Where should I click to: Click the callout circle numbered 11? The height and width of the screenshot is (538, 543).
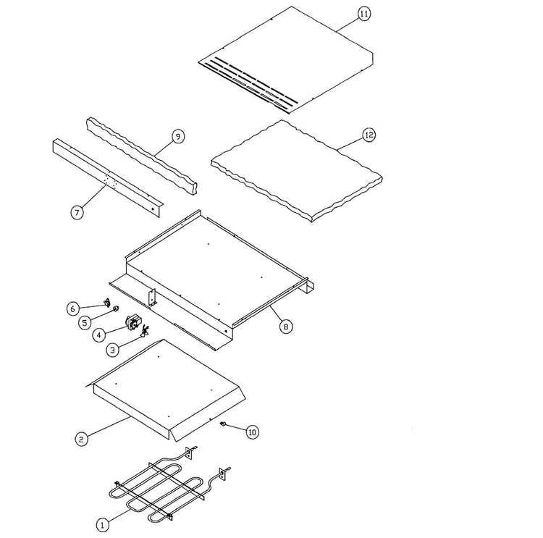tap(363, 14)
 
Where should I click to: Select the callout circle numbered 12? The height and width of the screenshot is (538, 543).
tap(369, 135)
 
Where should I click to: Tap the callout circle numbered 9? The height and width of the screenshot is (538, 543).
tap(178, 136)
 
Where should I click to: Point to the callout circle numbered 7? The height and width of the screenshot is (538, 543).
tap(77, 211)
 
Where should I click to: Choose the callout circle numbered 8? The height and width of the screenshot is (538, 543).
tap(286, 327)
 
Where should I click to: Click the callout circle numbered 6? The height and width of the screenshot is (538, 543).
tap(72, 308)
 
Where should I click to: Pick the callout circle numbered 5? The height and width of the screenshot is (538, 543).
tap(85, 323)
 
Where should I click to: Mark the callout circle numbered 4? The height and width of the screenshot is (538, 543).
tap(99, 335)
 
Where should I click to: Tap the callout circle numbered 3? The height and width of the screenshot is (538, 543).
tap(112, 350)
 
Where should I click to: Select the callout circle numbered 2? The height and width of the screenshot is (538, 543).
tap(81, 440)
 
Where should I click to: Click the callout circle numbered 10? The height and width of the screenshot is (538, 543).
tap(253, 432)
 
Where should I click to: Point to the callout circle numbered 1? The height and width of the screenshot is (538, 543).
tap(102, 525)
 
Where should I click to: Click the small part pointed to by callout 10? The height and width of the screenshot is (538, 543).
tap(224, 423)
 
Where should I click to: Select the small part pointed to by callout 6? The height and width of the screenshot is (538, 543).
tap(108, 303)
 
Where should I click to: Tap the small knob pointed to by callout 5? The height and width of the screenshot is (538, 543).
tap(116, 308)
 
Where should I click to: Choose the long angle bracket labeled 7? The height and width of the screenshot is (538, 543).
tap(106, 178)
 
